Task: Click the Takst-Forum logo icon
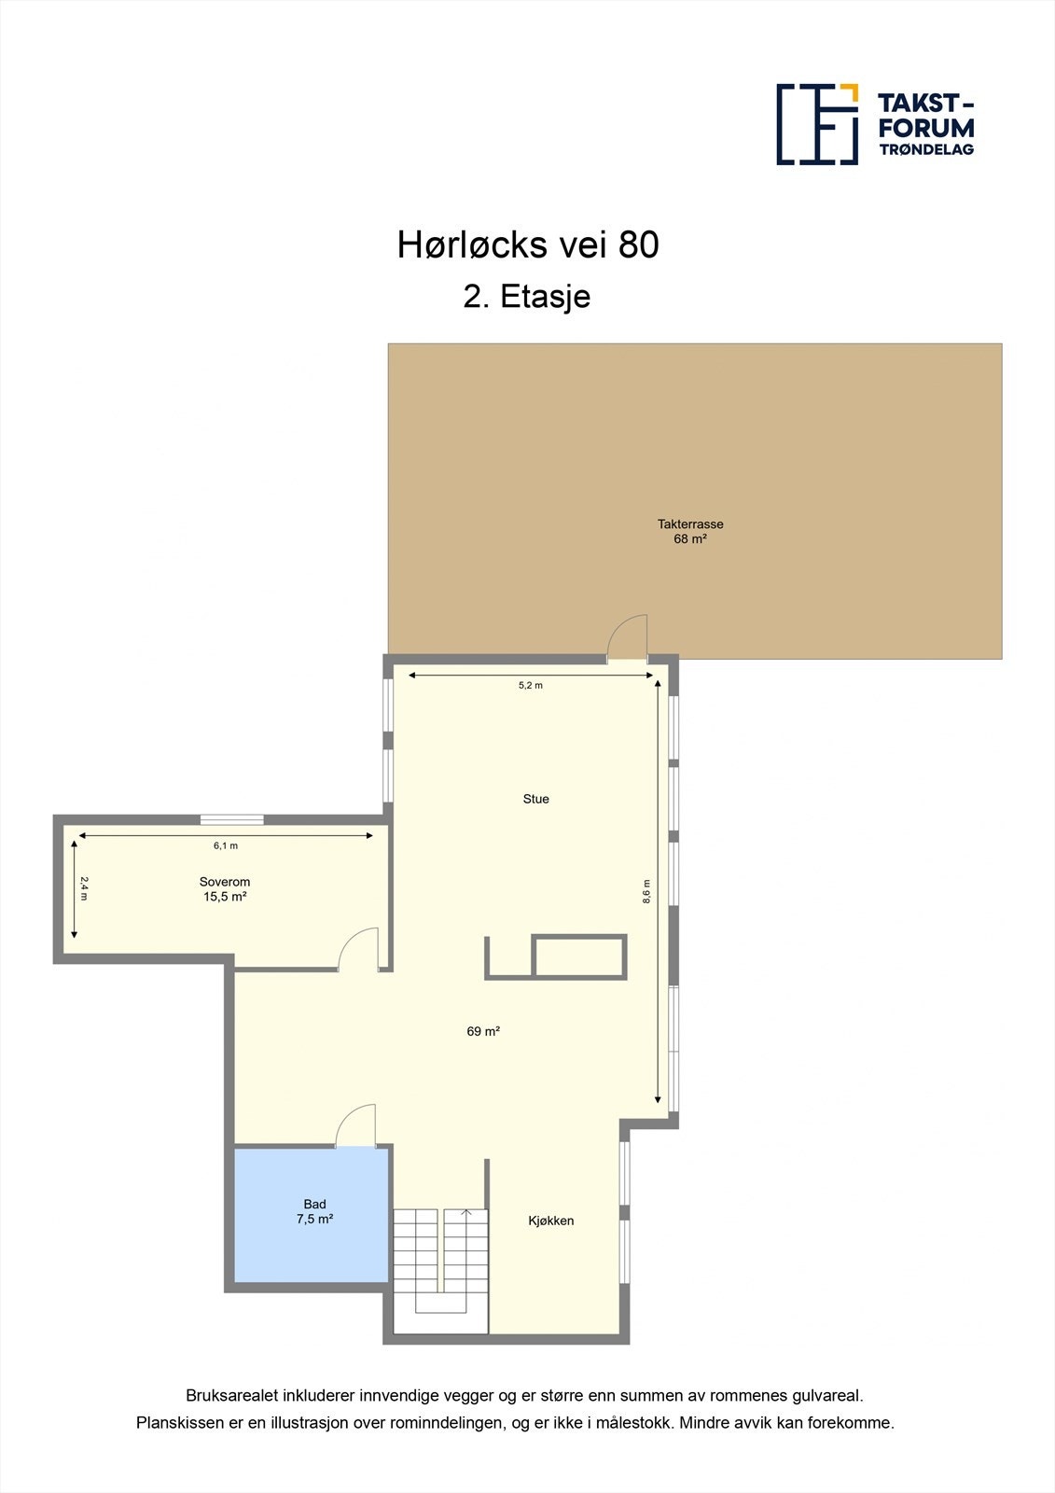[x=817, y=124]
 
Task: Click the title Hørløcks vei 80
[x=528, y=244]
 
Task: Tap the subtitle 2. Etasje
[x=527, y=297]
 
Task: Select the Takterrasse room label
[x=690, y=524]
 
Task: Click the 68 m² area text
[x=690, y=539]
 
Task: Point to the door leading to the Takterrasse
[x=627, y=640]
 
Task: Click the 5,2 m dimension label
[x=531, y=686]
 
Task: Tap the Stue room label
[x=535, y=799]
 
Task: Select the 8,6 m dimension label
[x=645, y=891]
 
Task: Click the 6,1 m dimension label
[x=226, y=846]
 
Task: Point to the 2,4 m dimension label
[x=83, y=887]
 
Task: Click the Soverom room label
[x=225, y=882]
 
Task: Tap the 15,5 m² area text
[x=225, y=897]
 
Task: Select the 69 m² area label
[x=483, y=1031]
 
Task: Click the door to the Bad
[x=355, y=1127]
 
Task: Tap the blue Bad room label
[x=314, y=1205]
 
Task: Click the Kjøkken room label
[x=551, y=1221]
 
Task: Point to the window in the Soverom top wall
[x=231, y=820]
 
